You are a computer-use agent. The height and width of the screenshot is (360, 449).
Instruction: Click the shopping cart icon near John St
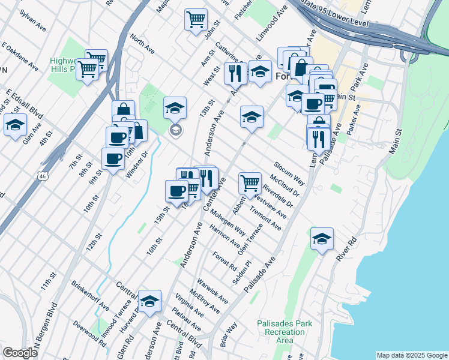tap(196, 20)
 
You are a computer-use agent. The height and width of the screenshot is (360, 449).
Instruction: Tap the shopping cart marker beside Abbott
tap(250, 182)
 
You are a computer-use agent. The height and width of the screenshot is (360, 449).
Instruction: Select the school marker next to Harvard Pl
tap(149, 300)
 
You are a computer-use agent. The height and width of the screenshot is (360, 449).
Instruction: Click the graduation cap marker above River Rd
tap(322, 238)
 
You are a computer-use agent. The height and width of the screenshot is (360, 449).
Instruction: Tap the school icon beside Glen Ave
tap(15, 125)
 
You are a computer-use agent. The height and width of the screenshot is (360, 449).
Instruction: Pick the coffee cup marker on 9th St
tap(112, 158)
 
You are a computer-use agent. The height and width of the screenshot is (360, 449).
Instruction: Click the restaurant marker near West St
tap(235, 73)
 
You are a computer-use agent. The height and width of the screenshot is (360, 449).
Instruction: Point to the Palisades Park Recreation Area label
tap(285, 332)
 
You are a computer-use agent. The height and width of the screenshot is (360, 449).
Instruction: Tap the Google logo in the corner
tap(20, 353)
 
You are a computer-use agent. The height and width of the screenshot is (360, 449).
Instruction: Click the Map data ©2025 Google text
tap(412, 355)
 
